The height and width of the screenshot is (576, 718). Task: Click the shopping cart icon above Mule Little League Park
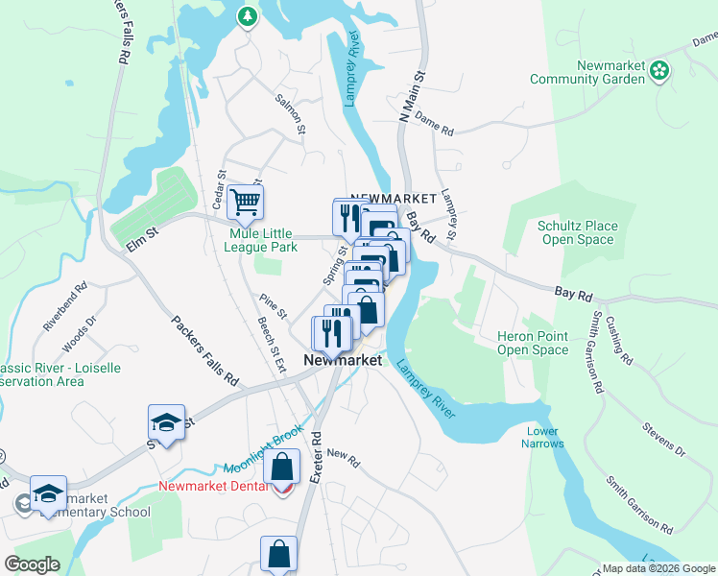pyautogui.click(x=246, y=202)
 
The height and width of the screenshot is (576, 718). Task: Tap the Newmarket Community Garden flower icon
pyautogui.click(x=658, y=69)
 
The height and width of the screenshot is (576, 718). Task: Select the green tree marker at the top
pyautogui.click(x=248, y=16)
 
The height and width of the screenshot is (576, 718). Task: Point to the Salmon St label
pyautogui.click(x=290, y=113)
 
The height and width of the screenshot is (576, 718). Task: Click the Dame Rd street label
pyautogui.click(x=434, y=128)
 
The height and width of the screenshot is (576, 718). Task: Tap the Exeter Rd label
pyautogui.click(x=317, y=450)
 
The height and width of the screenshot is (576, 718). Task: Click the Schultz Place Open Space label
pyautogui.click(x=577, y=233)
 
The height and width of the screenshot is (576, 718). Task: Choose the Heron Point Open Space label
pyautogui.click(x=533, y=343)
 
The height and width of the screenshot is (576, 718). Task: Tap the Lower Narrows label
pyautogui.click(x=540, y=438)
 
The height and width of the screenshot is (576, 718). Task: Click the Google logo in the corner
pyautogui.click(x=33, y=564)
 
